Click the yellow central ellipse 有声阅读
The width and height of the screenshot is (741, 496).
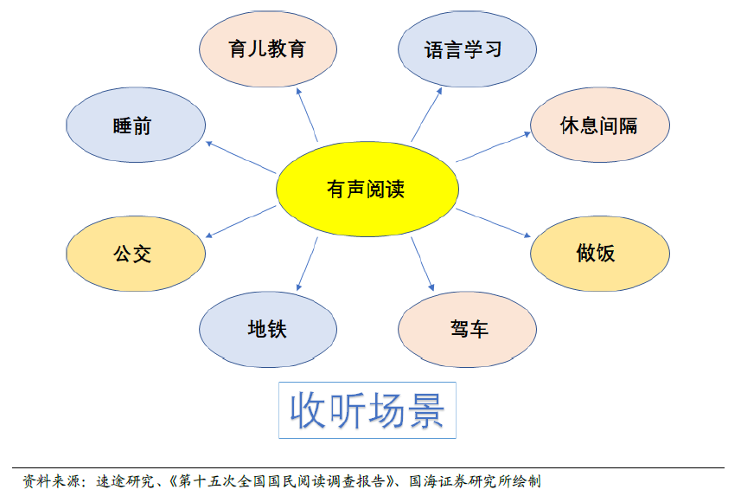[367, 189]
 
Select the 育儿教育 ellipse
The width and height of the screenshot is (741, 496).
[268, 48]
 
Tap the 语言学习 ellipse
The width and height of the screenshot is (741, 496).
[467, 48]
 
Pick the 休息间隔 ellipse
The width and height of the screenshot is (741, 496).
[600, 125]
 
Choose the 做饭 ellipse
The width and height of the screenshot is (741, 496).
[600, 254]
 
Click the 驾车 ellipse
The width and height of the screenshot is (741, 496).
[467, 330]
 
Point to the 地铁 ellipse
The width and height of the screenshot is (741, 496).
[268, 330]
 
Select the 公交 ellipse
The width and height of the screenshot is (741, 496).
[136, 254]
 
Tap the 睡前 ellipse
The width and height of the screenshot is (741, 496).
[136, 125]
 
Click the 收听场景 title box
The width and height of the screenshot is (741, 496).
[367, 410]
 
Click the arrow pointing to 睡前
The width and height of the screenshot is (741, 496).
[241, 158]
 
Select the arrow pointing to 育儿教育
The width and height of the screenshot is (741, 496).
[307, 114]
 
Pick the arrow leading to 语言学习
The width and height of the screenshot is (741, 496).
[426, 114]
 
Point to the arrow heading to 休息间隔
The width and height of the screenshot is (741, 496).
[493, 146]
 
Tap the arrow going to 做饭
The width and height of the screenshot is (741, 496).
[493, 222]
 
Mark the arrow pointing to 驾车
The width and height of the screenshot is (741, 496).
[423, 264]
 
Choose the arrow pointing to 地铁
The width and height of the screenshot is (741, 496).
[307, 264]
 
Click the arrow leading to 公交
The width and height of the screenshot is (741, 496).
[241, 222]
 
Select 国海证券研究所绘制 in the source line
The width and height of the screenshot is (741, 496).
[475, 481]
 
